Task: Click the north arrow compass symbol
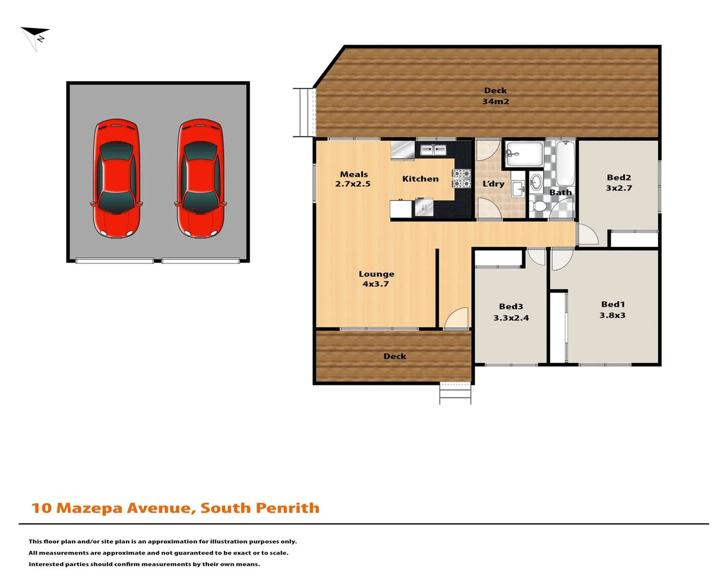click(x=36, y=37)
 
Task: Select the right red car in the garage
click(x=200, y=179)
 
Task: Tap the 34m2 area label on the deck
click(x=495, y=102)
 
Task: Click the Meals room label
click(x=354, y=174)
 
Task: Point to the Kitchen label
click(x=421, y=179)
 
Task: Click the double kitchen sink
click(x=433, y=150)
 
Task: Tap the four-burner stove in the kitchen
click(x=462, y=179)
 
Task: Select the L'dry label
click(x=493, y=184)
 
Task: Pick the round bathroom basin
click(x=536, y=181)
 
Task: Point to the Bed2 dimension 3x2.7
click(x=619, y=188)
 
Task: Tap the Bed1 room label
click(x=613, y=304)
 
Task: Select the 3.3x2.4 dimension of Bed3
click(x=511, y=318)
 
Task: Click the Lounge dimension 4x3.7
click(x=375, y=284)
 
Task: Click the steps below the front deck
click(x=455, y=393)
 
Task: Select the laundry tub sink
click(x=518, y=188)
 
